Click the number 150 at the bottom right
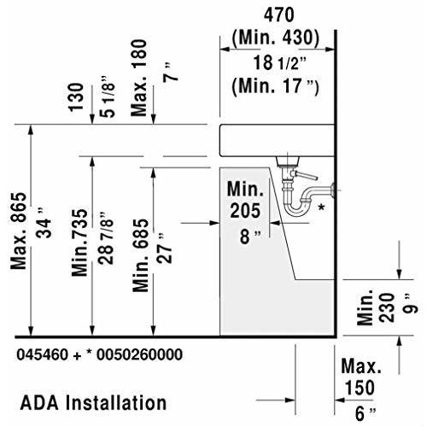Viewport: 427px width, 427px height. pyautogui.click(x=358, y=387)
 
